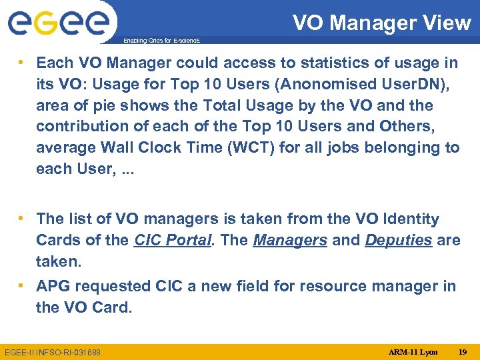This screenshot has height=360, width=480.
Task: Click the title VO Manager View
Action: click(381, 23)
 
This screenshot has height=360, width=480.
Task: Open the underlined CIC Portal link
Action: click(173, 240)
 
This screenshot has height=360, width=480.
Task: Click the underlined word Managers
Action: click(290, 240)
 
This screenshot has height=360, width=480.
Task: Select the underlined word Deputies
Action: click(398, 240)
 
